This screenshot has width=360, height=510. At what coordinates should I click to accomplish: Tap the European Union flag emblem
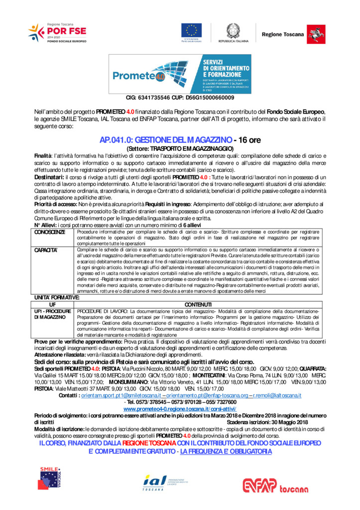coord(191,30)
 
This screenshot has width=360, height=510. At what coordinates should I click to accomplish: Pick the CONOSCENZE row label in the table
coord(50,233)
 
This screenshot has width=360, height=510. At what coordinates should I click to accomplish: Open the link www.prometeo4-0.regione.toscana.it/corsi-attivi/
coord(180,408)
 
